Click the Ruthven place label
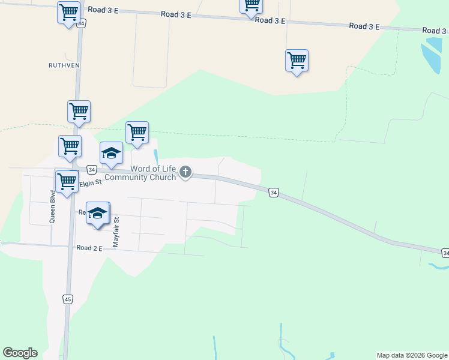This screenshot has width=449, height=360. click(x=65, y=65)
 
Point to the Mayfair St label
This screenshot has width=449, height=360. click(x=116, y=232)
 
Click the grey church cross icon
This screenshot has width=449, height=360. click(x=185, y=173)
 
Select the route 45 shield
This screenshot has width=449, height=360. click(x=68, y=299)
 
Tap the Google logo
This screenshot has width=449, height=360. click(x=20, y=353)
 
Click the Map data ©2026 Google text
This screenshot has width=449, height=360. click(x=412, y=356)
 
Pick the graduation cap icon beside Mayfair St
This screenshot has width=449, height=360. click(x=97, y=213)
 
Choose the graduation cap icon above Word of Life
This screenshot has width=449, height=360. click(x=111, y=153)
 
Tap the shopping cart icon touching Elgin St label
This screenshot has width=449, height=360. click(x=67, y=182)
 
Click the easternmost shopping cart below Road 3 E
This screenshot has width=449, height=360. click(x=297, y=61)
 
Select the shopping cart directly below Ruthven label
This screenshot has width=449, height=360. click(x=79, y=111)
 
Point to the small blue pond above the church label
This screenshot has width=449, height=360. click(x=156, y=156)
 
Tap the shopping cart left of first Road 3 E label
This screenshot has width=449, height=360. click(x=68, y=11)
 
